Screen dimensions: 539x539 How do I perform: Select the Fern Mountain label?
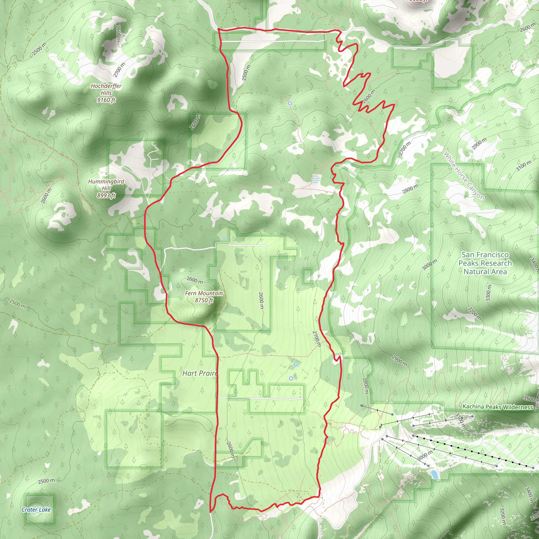click(x=204, y=293)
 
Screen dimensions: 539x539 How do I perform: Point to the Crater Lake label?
click(x=36, y=510)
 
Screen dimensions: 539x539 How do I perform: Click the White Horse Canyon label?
click(x=464, y=176)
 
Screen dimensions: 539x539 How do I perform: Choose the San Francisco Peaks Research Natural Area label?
click(x=485, y=263)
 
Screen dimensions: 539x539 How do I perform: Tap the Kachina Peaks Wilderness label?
click(x=498, y=407)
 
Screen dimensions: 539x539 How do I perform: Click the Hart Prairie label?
click(x=200, y=373)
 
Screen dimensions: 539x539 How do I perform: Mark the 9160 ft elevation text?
click(x=106, y=100)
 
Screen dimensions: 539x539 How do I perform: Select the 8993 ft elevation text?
click(x=106, y=196)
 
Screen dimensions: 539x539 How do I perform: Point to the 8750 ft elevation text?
click(x=204, y=300)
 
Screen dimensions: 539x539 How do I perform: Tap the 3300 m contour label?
click(x=488, y=293)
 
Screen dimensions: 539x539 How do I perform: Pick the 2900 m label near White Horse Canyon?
click(x=479, y=143)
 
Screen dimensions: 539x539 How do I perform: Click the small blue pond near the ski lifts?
click(x=434, y=474)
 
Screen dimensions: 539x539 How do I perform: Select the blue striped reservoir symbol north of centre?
click(x=316, y=179)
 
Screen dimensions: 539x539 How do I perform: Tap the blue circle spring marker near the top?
click(x=290, y=103)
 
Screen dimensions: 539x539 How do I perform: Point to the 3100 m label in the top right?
click(x=523, y=166)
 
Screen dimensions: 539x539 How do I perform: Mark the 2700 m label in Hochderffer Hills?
click(x=119, y=70)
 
